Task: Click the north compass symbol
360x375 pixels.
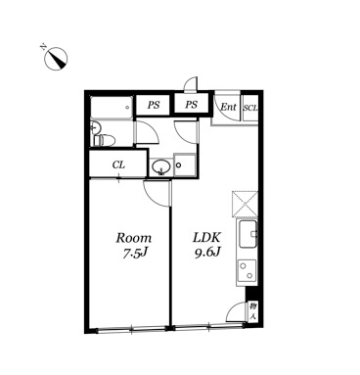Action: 56,59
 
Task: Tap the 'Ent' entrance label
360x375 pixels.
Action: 228,107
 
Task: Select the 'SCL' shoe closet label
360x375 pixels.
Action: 250,108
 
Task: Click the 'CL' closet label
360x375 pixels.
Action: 118,164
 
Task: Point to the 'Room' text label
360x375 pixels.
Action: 134,238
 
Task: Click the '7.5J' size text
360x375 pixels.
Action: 134,253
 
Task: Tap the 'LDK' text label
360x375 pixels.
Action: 207,237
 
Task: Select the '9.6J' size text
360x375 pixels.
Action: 207,253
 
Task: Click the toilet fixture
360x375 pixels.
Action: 104,141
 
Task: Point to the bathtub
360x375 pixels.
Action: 112,107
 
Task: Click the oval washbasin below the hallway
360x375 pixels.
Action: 160,166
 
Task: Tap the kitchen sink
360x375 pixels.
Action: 247,234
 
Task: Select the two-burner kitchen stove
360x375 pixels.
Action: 247,270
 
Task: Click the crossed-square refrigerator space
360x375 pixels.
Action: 245,205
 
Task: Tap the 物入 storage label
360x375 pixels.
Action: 252,311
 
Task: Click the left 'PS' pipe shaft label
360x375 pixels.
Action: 154,105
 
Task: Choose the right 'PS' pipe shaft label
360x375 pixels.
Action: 192,105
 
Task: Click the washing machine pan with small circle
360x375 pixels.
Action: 185,165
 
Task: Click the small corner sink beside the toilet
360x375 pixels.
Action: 95,127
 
